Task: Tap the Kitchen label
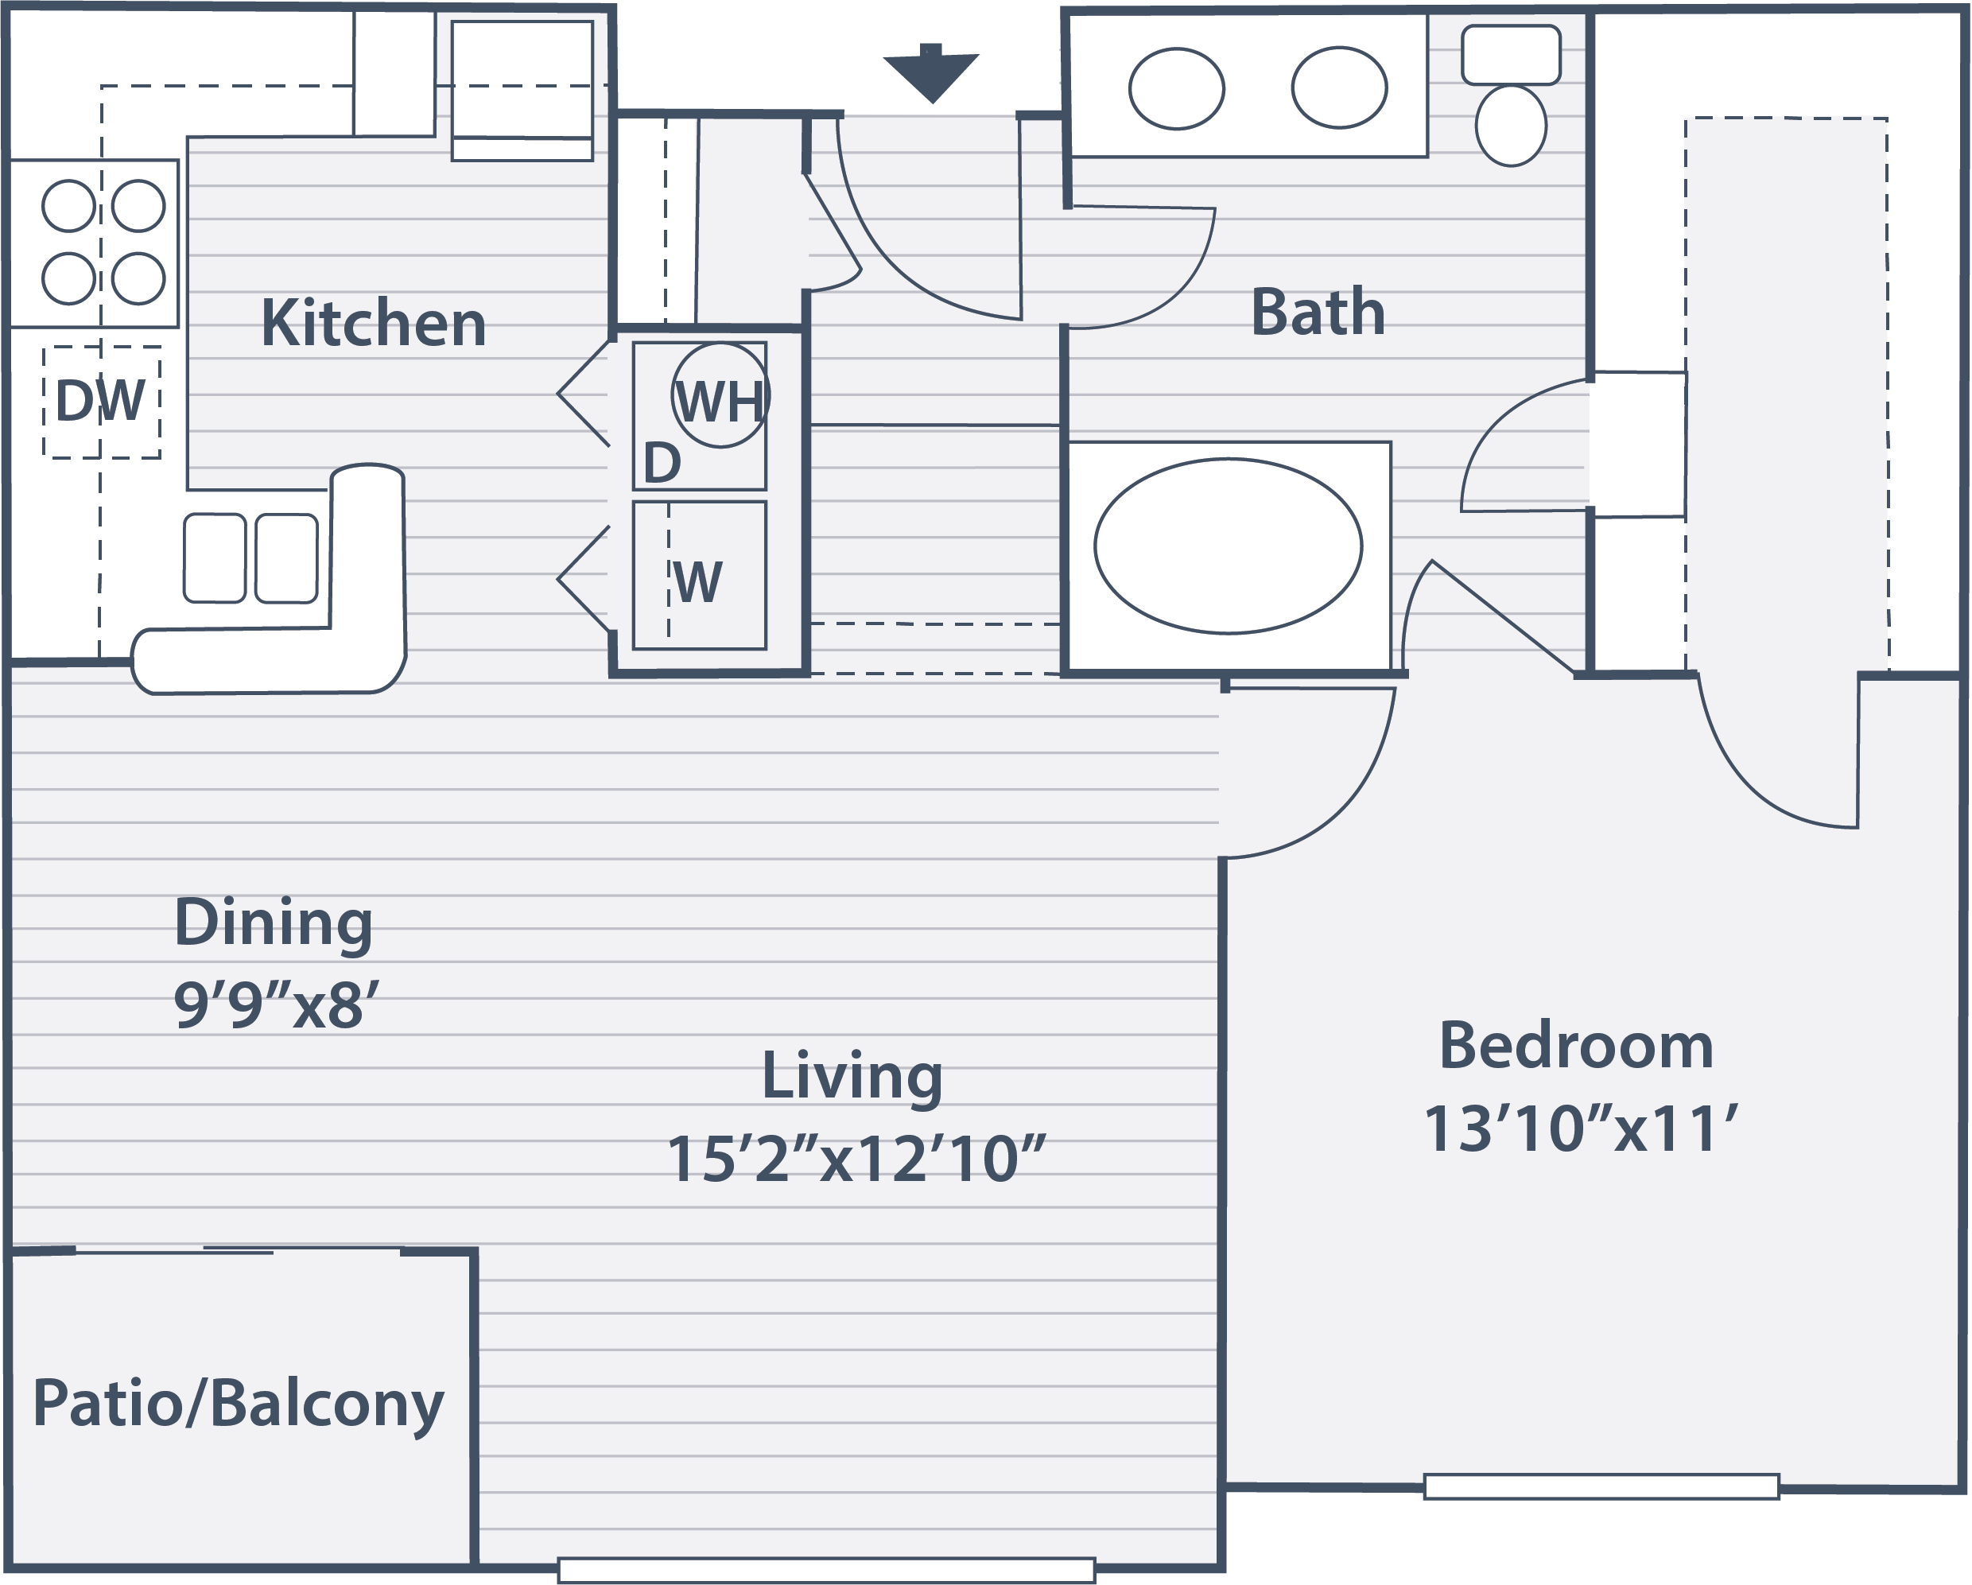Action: [x=373, y=323]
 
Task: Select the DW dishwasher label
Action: [x=101, y=400]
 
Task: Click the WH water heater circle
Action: [x=720, y=395]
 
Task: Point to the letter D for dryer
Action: [x=662, y=463]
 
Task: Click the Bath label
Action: [x=1318, y=312]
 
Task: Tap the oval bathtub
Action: [x=1229, y=546]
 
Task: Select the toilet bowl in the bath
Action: [x=1511, y=126]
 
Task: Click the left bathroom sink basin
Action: [x=1176, y=89]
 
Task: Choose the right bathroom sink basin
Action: [x=1339, y=87]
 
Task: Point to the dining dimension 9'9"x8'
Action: [x=276, y=1005]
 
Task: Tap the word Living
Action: [x=852, y=1077]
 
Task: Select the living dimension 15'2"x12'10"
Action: [x=856, y=1159]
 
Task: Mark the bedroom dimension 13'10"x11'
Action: [x=1581, y=1129]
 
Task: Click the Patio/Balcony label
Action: [x=238, y=1404]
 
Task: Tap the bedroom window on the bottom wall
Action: [x=1601, y=1487]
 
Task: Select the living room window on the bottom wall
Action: [x=827, y=1571]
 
